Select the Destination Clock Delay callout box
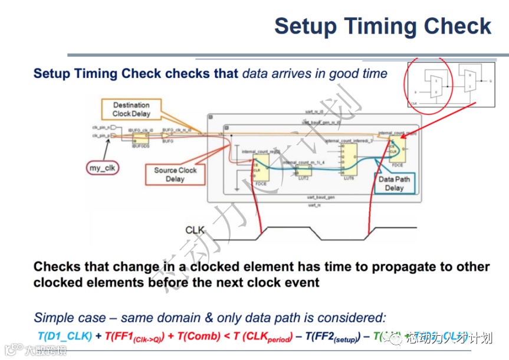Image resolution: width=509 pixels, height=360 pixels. coord(132,110)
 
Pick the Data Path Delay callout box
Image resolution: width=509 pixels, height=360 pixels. coord(395,184)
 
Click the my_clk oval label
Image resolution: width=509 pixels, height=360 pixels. coord(103,168)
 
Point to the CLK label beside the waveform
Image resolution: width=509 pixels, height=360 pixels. coord(195,230)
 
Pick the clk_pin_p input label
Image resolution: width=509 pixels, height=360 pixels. coord(98,136)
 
